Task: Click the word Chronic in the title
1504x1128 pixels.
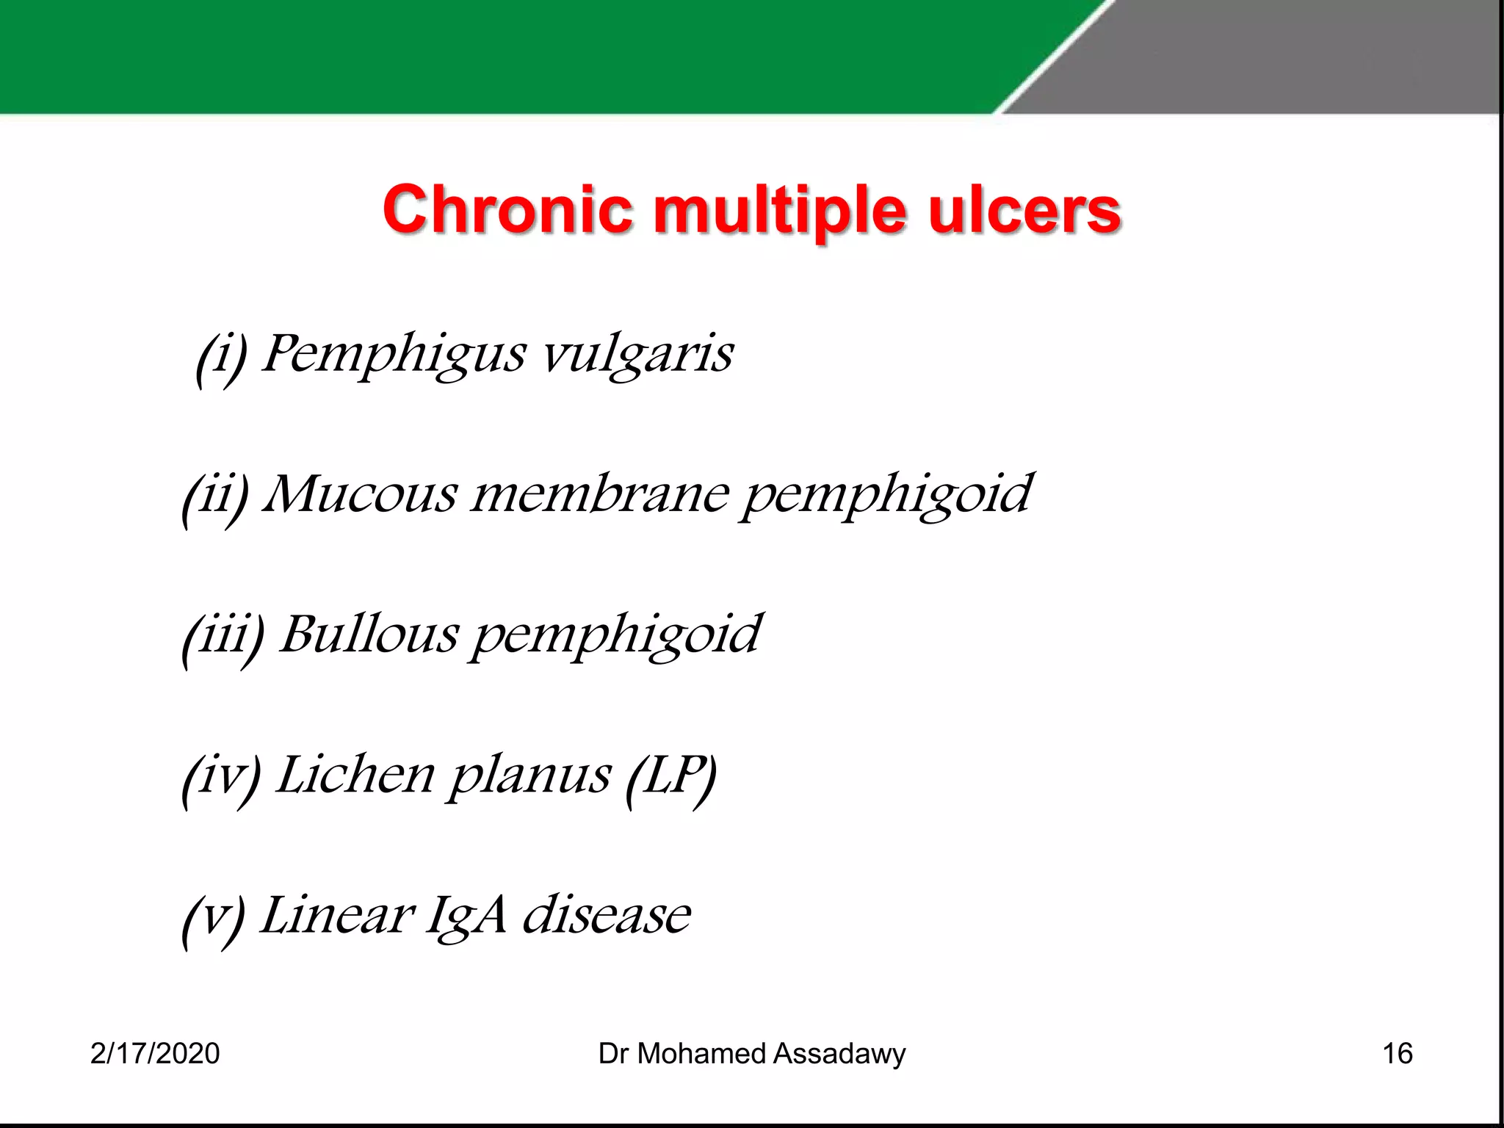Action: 507,210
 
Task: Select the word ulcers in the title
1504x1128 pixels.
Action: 1024,210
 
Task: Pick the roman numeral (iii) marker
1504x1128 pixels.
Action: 223,636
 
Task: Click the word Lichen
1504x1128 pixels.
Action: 355,775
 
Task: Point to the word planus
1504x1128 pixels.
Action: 529,777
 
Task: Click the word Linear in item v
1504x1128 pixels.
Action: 338,916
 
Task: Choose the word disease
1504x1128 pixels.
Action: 607,916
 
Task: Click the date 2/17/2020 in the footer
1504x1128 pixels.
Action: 155,1054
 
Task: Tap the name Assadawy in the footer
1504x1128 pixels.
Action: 839,1054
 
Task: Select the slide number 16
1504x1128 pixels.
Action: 1398,1054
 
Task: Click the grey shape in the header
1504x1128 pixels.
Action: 1285,55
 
